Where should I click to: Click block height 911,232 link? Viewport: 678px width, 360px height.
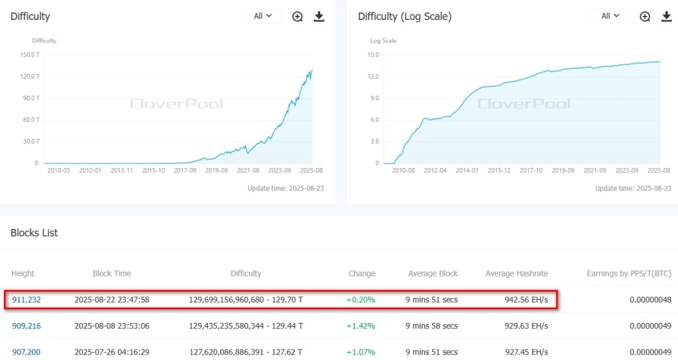(26, 300)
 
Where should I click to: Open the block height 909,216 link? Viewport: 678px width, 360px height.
(26, 326)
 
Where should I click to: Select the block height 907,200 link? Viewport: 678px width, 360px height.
(26, 351)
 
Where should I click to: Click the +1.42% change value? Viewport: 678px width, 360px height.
(361, 326)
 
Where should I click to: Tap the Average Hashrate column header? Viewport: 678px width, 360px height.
(516, 273)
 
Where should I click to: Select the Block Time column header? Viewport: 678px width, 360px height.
(112, 273)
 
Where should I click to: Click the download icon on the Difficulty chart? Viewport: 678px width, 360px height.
(319, 17)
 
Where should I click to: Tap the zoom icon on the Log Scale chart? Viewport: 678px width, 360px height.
(645, 17)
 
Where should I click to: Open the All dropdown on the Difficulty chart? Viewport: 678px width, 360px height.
(262, 16)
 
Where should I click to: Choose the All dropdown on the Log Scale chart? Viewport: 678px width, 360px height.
(610, 16)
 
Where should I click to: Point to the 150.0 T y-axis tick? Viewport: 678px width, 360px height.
(27, 55)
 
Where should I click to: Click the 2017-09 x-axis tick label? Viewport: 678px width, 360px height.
(185, 171)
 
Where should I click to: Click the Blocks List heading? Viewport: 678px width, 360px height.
(34, 233)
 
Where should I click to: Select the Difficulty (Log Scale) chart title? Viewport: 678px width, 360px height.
(405, 17)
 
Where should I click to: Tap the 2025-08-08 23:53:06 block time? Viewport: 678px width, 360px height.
(112, 326)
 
